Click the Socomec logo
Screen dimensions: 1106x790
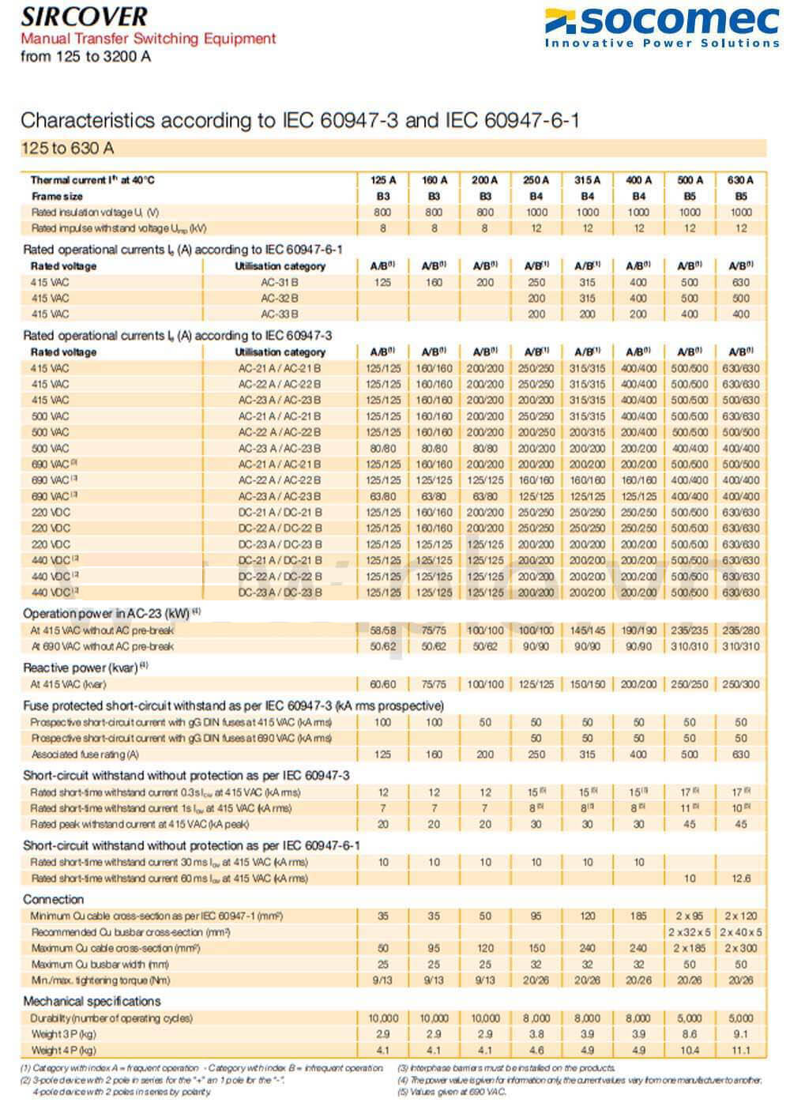click(x=662, y=26)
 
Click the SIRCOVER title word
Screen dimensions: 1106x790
click(x=85, y=17)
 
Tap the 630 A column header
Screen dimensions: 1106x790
click(x=740, y=180)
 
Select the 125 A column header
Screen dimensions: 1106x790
click(x=383, y=180)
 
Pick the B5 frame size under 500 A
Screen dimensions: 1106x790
click(x=690, y=196)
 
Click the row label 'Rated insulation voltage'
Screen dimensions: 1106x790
click(x=95, y=213)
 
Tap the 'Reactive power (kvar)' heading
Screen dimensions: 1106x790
click(x=85, y=668)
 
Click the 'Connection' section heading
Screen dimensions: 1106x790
click(x=54, y=900)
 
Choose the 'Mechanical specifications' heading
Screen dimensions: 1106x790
click(x=92, y=1002)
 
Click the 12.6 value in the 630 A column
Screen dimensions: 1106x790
click(x=740, y=878)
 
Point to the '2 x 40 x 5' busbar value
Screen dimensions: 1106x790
click(x=740, y=932)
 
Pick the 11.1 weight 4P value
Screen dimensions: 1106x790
click(x=740, y=1050)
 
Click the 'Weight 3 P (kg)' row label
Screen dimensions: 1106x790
click(x=64, y=1034)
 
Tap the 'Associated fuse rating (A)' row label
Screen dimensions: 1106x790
click(x=85, y=754)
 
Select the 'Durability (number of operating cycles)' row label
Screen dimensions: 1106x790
click(x=112, y=1018)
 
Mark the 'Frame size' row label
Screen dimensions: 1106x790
click(x=57, y=196)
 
